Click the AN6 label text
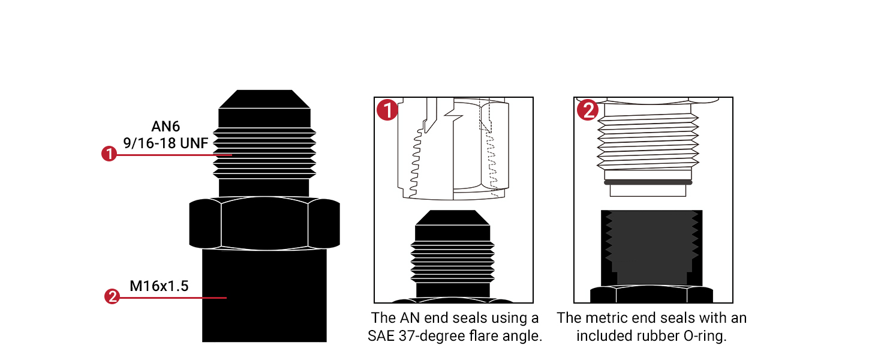click(x=166, y=127)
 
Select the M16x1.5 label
click(x=159, y=286)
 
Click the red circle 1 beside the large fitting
click(x=109, y=154)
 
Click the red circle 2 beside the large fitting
click(x=112, y=296)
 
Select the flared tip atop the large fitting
click(x=264, y=99)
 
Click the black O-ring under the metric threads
click(x=648, y=182)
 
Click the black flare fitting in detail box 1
click(x=453, y=252)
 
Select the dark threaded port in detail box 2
click(x=651, y=246)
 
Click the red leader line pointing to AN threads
click(x=174, y=155)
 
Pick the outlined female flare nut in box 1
click(x=453, y=150)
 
